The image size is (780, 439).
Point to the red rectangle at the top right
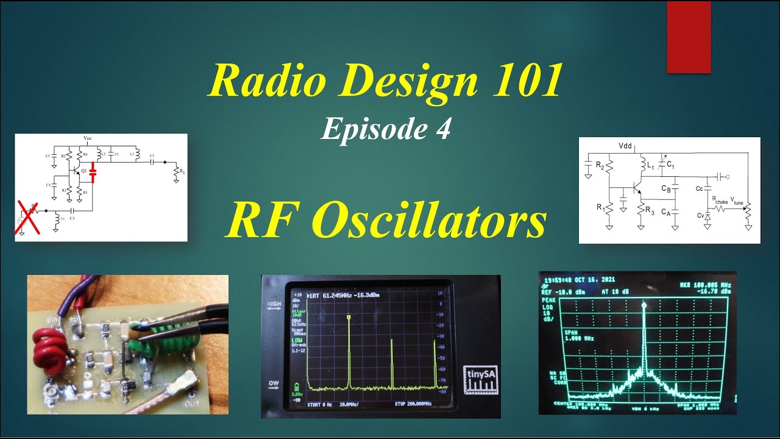pos(689,37)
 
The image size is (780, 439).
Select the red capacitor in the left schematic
pos(93,173)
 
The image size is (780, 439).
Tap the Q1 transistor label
pos(84,171)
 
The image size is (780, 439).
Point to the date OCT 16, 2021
pos(597,279)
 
